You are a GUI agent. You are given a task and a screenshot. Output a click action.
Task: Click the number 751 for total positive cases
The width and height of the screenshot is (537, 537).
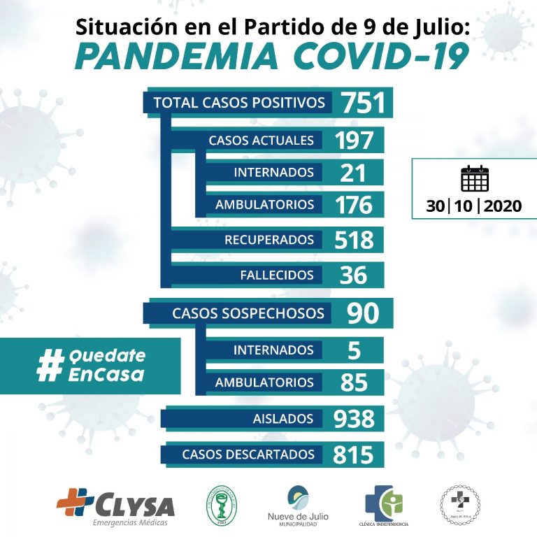(x=363, y=103)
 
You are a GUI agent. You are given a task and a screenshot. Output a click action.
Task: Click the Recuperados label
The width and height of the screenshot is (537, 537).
(x=268, y=240)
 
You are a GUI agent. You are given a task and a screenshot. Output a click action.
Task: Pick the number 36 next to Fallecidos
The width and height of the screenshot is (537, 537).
(x=353, y=275)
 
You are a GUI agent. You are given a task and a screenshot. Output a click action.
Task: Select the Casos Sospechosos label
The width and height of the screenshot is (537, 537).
(x=248, y=313)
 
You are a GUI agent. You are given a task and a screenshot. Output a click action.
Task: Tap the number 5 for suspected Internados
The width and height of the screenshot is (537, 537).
(x=353, y=350)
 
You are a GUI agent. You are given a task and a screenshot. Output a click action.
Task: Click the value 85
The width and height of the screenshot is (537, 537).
(x=354, y=382)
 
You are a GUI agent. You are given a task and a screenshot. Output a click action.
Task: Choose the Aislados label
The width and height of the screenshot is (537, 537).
(x=283, y=418)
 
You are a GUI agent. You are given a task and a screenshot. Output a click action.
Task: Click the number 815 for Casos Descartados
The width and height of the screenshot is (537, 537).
(x=352, y=454)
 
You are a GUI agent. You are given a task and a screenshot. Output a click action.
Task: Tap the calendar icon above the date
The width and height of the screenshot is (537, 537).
(x=475, y=179)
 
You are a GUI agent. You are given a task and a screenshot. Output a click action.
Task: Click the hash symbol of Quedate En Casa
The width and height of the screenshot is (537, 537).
(x=50, y=366)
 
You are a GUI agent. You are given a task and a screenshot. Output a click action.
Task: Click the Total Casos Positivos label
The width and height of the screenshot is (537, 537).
(x=239, y=103)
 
